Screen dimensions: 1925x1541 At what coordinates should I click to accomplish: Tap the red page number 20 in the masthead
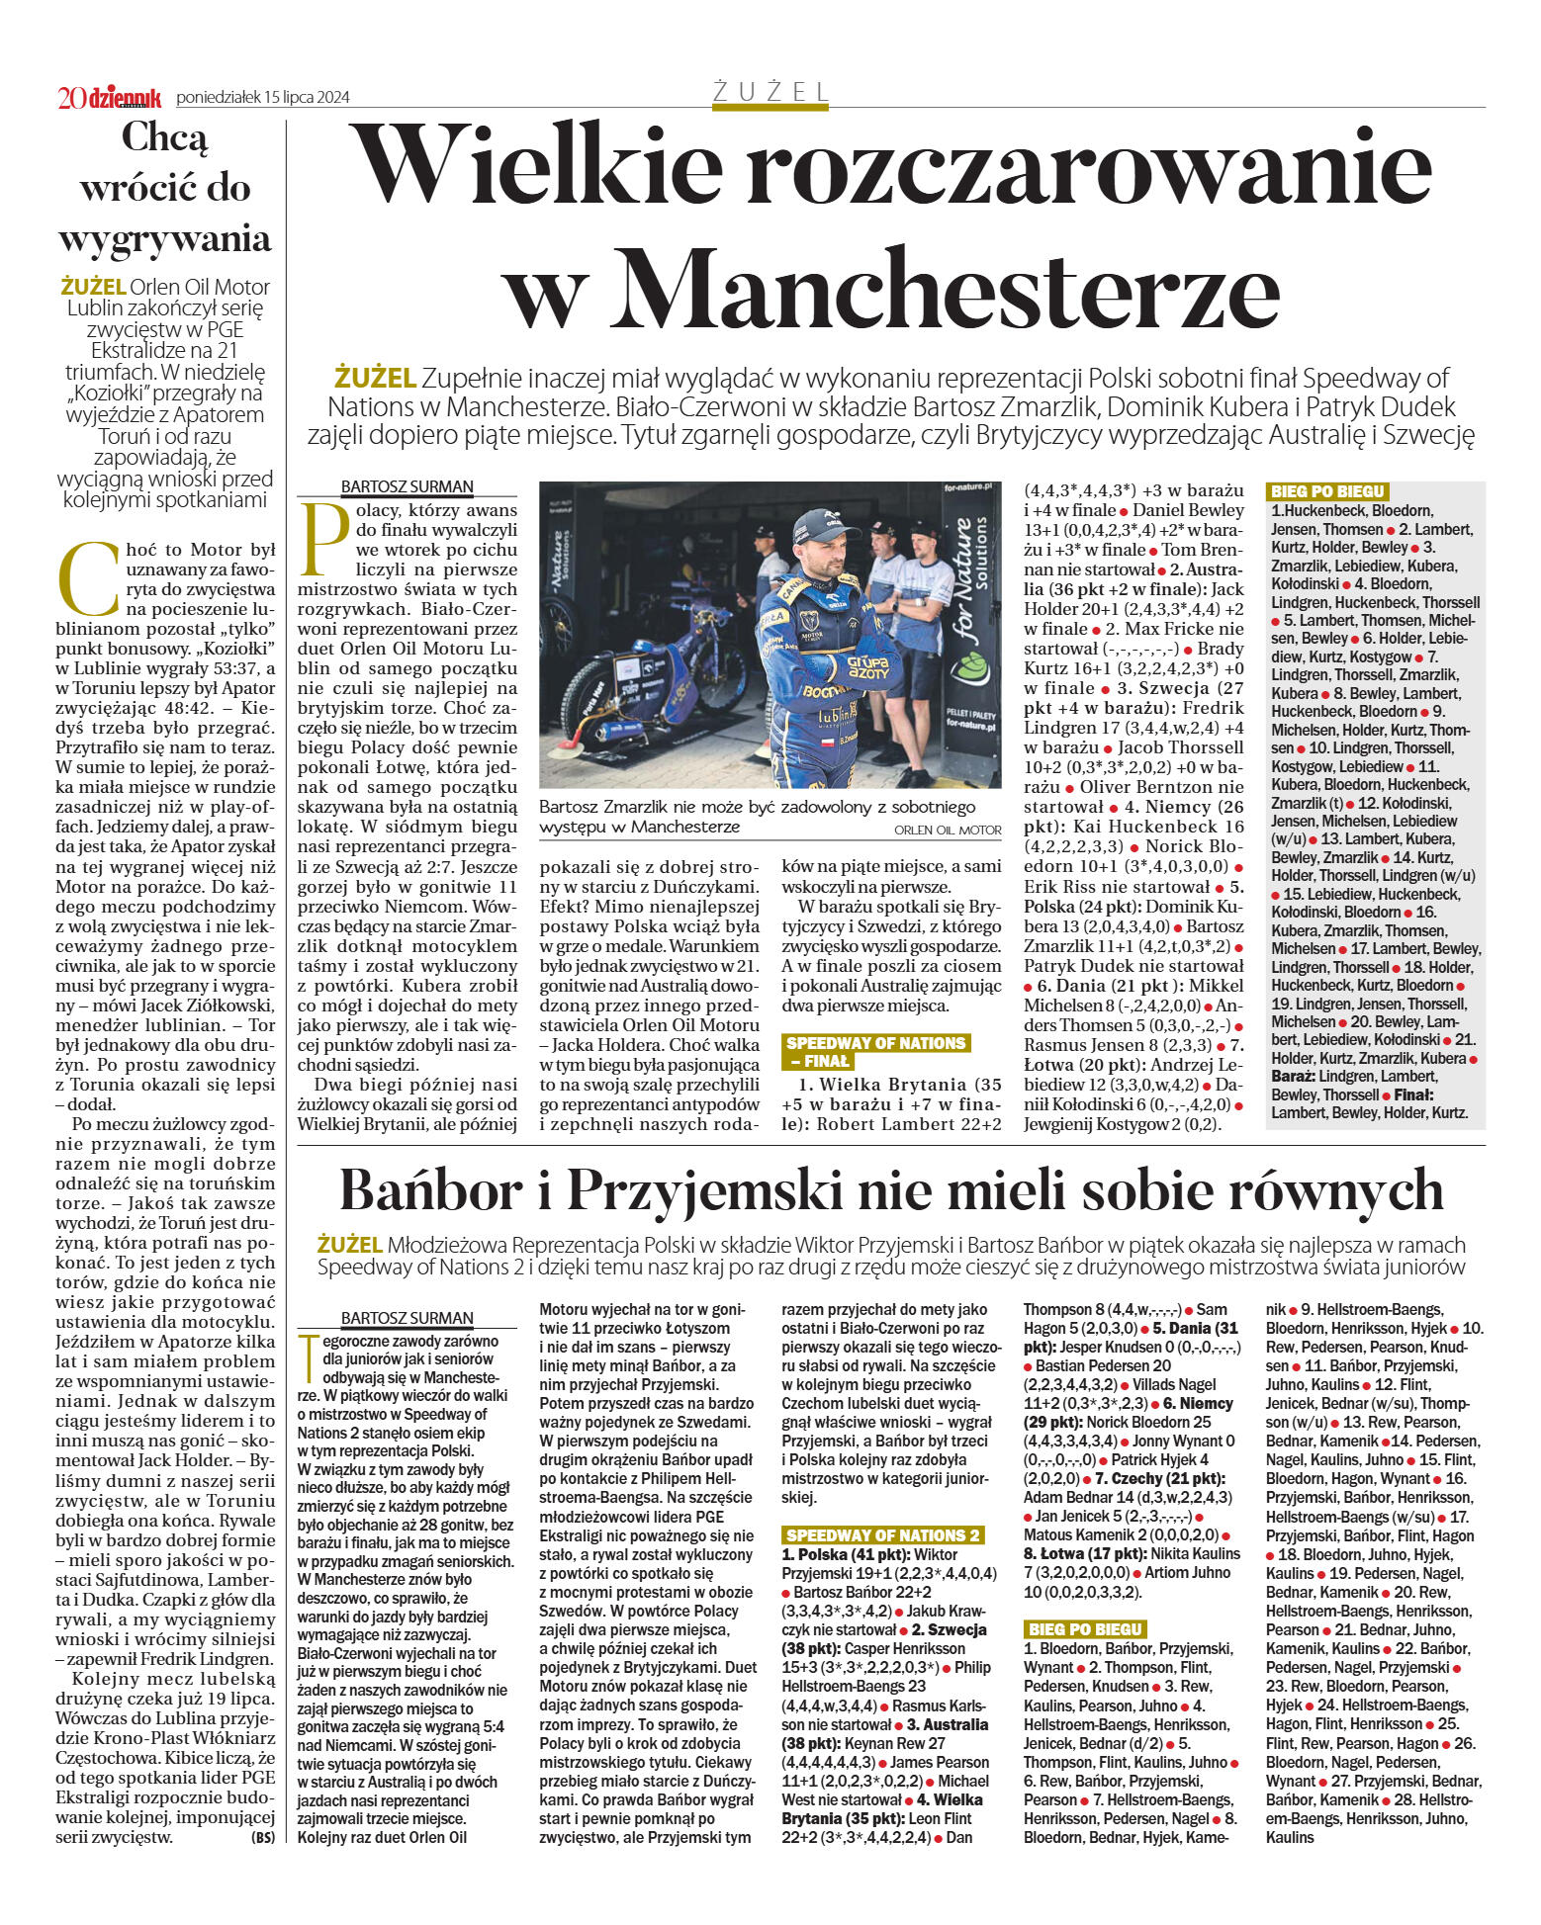(x=71, y=98)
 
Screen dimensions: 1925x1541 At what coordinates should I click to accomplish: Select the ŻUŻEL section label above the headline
(x=770, y=92)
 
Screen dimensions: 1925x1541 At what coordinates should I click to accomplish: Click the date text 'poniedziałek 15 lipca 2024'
(x=263, y=98)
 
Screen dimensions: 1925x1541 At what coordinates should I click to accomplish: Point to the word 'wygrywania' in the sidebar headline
(x=165, y=239)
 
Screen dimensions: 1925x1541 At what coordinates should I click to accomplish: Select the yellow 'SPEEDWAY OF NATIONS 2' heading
(x=882, y=1535)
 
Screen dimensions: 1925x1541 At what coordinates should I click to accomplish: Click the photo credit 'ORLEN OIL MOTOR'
(x=947, y=831)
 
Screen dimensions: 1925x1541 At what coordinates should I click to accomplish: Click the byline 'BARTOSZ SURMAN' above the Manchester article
(x=407, y=486)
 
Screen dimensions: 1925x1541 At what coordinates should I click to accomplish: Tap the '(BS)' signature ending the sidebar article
(x=263, y=1838)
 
